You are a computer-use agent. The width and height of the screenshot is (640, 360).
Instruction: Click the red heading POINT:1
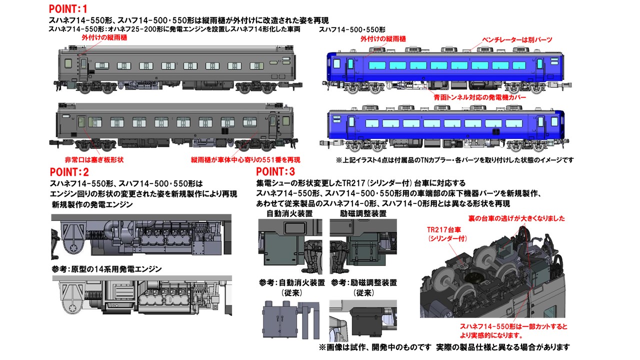click(x=68, y=9)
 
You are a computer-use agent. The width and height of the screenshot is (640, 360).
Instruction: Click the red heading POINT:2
click(x=69, y=172)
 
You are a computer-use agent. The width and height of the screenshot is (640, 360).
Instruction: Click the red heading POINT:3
click(x=275, y=171)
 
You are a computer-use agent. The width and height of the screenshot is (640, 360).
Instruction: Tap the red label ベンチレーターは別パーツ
click(x=517, y=39)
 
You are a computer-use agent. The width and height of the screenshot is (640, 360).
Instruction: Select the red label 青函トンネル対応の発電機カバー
click(x=479, y=97)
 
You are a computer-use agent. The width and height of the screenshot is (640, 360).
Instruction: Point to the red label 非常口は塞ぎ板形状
click(x=94, y=160)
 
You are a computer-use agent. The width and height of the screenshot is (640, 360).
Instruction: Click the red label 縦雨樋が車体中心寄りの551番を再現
click(x=245, y=160)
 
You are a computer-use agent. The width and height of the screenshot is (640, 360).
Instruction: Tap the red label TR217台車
click(x=444, y=229)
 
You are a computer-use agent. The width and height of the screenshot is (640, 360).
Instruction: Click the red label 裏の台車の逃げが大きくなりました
click(x=516, y=218)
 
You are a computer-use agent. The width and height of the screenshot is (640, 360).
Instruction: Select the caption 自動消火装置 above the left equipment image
click(x=289, y=213)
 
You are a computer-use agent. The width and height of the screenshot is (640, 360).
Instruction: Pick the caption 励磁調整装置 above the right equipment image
click(x=363, y=213)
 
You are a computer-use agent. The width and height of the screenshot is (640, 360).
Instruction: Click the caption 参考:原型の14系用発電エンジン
click(x=106, y=269)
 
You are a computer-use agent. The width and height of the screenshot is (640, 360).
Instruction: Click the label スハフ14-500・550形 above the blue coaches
click(x=352, y=29)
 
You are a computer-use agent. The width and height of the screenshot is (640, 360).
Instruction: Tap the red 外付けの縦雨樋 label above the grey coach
click(x=104, y=37)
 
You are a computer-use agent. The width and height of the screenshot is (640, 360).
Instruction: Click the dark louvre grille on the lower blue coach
click(x=495, y=131)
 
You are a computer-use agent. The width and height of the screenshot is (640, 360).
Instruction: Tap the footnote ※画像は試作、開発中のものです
click(x=375, y=347)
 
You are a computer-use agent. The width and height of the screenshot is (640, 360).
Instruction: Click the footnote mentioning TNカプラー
click(x=455, y=160)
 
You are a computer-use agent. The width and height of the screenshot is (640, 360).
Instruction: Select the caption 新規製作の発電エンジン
click(x=92, y=204)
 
